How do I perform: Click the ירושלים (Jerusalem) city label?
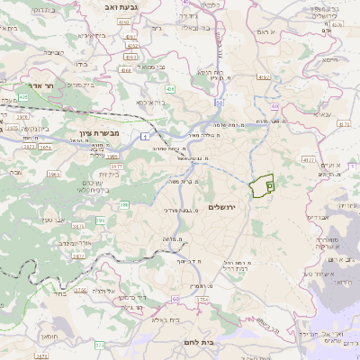pyautogui.click(x=220, y=208)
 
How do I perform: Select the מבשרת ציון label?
pyautogui.click(x=86, y=131)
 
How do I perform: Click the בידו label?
pyautogui.click(x=81, y=64)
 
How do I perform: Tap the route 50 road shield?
pyautogui.click(x=219, y=103)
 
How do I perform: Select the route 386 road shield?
pyautogui.click(x=124, y=205)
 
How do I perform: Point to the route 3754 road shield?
pyautogui.click(x=202, y=298)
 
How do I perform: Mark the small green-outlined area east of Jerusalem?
pyautogui.click(x=267, y=184)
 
